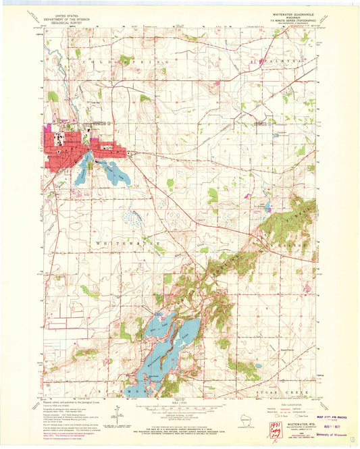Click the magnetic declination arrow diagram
coord(120,417)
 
